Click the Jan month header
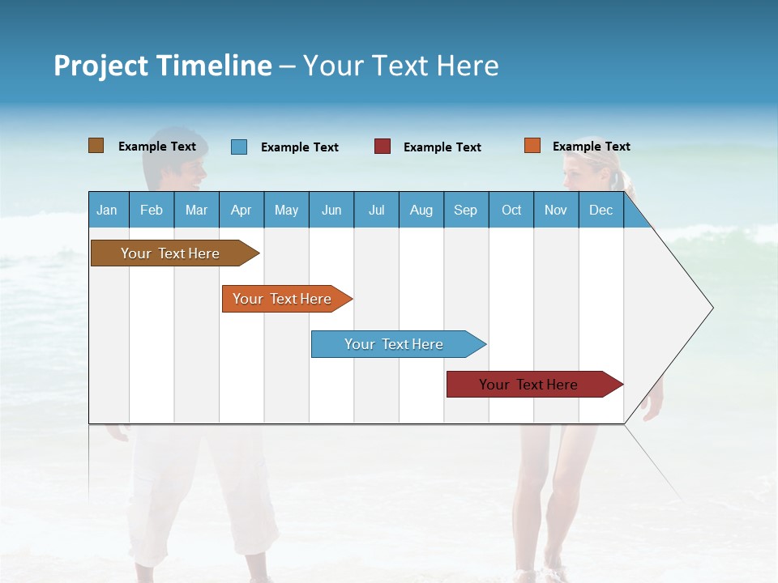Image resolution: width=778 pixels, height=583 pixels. (107, 211)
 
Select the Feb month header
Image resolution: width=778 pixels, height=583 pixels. (152, 211)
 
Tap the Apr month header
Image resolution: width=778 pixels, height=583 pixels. (241, 211)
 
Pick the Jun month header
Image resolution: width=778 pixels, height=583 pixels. (331, 211)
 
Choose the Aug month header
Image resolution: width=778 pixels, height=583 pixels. (421, 211)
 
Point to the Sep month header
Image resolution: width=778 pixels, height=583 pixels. (465, 211)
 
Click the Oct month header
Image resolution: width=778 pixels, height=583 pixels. (511, 211)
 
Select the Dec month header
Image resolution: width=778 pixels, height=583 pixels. (601, 211)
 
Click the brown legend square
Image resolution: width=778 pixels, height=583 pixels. (96, 146)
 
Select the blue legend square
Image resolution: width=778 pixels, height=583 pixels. (239, 147)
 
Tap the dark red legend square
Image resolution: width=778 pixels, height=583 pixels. (383, 147)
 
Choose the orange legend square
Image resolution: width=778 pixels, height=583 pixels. (532, 146)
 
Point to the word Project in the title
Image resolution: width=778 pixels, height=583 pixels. (101, 66)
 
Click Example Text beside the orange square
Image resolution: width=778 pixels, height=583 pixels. (591, 147)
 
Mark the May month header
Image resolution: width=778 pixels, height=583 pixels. (286, 211)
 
